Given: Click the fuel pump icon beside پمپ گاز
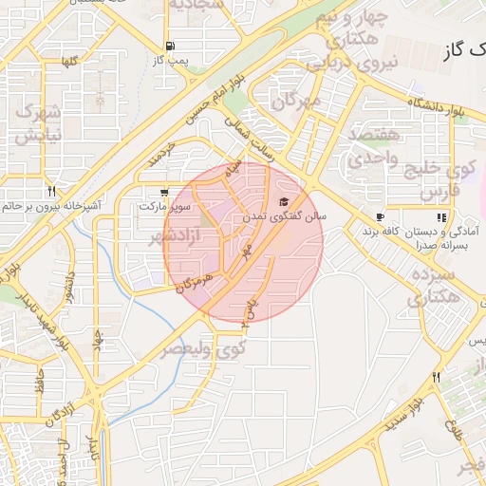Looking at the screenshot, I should tap(170, 47).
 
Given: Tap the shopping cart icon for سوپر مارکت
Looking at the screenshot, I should tap(167, 190).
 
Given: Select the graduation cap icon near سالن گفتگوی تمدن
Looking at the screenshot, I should tap(282, 202).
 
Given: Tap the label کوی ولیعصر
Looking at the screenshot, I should tap(201, 348).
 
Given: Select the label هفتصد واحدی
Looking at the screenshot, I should tap(375, 147).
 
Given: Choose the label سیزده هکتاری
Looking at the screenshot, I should tap(435, 287).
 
